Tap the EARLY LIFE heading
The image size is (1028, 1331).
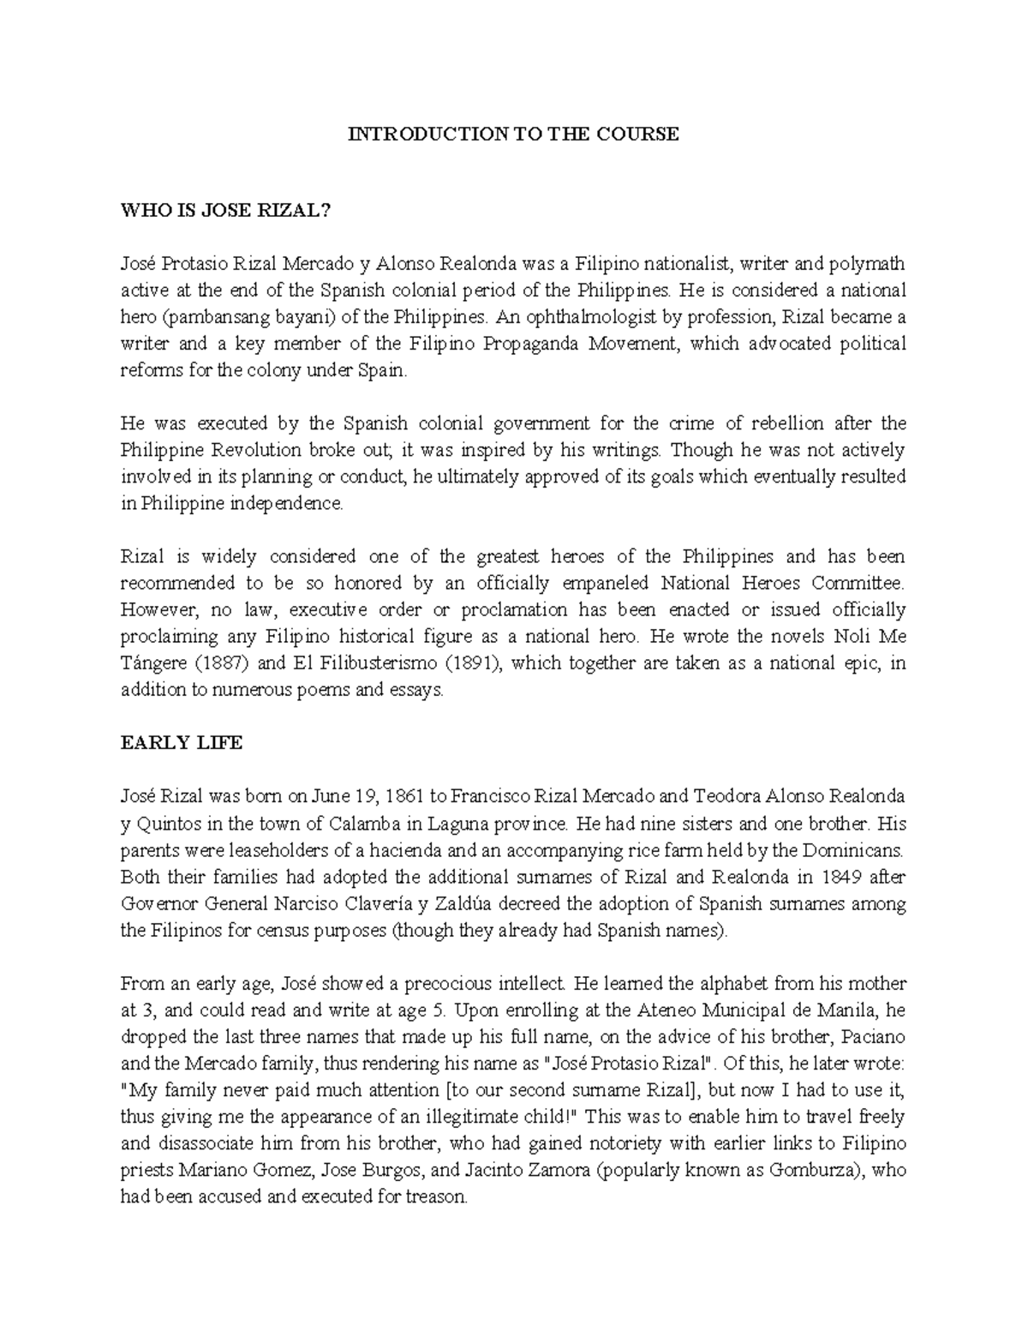tap(182, 743)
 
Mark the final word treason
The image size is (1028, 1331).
tap(438, 1197)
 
